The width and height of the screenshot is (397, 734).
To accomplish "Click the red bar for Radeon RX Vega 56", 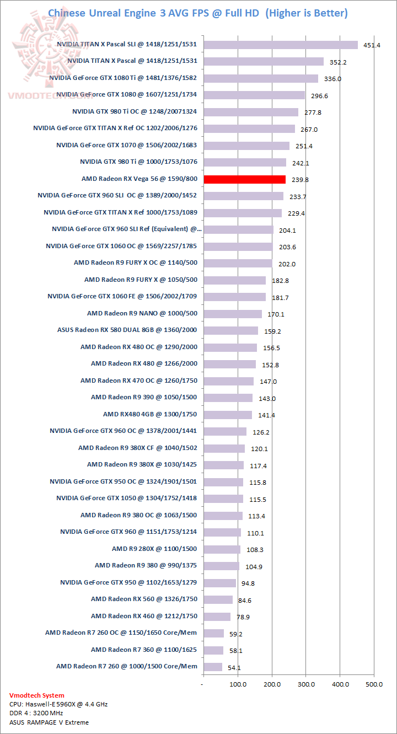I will click(x=244, y=179).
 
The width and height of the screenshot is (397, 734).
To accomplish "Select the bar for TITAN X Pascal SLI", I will click(x=280, y=45).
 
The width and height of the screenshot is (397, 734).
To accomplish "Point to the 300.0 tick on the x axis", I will click(x=306, y=684).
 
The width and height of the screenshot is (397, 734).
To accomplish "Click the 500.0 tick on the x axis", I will click(x=374, y=684).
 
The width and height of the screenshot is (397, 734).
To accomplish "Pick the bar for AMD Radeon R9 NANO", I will click(x=232, y=314).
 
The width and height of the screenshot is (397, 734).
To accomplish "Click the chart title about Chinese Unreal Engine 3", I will click(x=198, y=13).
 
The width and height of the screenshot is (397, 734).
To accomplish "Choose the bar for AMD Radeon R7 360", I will click(x=213, y=650).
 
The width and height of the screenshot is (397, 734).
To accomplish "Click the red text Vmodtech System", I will click(x=37, y=695).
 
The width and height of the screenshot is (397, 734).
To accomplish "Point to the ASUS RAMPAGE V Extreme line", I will click(x=49, y=722).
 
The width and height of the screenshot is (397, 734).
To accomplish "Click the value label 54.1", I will click(x=234, y=668).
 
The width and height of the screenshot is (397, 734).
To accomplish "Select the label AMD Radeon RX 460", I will click(x=144, y=616).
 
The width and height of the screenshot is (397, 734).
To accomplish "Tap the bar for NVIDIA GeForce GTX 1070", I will click(x=246, y=146).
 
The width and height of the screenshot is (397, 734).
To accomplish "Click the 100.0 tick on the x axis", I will click(x=238, y=684).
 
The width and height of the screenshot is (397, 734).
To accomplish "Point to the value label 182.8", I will click(x=281, y=281).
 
